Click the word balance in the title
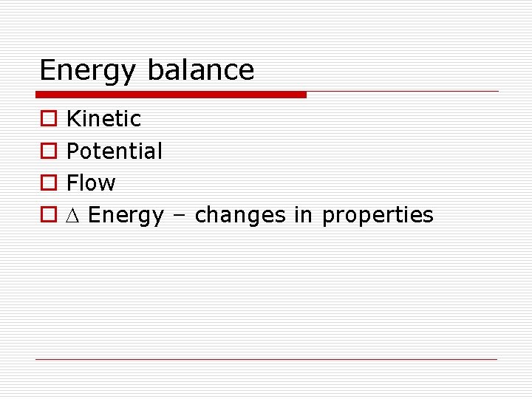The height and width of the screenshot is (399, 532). click(200, 69)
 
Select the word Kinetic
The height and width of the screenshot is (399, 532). click(103, 118)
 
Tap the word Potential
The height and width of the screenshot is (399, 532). click(115, 151)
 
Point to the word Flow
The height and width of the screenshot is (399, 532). click(91, 183)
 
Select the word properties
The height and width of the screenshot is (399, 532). click(378, 216)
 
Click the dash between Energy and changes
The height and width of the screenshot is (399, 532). click(179, 216)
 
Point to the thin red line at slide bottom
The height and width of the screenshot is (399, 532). click(267, 360)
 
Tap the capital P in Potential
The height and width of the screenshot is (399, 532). click(72, 151)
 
